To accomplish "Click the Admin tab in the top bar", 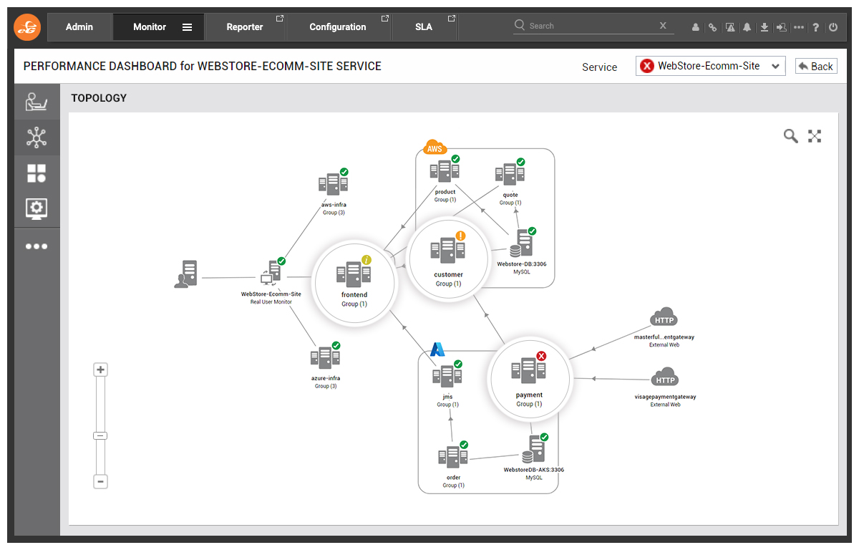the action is (79, 26).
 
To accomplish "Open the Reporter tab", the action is (245, 26).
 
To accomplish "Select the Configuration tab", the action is (338, 26).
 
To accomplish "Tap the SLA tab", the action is (424, 26).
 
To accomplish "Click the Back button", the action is (815, 67).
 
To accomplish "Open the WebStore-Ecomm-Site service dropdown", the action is (710, 66).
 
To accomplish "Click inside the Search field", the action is (591, 26).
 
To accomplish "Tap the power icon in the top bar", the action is (833, 26).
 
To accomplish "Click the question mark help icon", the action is (815, 27).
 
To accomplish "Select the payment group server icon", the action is (528, 370).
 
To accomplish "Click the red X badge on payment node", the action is (541, 356).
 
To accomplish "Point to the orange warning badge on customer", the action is (460, 236).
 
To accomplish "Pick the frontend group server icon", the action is (354, 274).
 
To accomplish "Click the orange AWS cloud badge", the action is (435, 148).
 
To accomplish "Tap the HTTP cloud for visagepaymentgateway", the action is (665, 377).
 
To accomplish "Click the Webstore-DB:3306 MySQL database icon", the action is (522, 243).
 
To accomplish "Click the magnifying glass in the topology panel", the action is (790, 136).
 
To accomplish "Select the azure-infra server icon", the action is (325, 357).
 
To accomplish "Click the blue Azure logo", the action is (437, 349).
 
